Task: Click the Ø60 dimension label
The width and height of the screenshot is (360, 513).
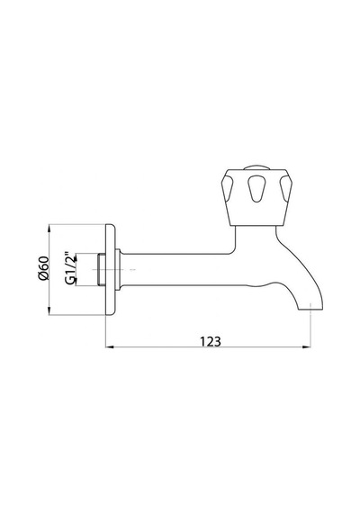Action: tap(43, 268)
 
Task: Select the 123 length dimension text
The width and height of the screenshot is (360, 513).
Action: tap(211, 342)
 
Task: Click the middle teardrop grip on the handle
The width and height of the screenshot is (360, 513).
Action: tap(256, 188)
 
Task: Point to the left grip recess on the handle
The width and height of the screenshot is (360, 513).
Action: tap(228, 188)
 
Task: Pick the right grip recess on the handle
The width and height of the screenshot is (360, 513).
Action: tap(285, 188)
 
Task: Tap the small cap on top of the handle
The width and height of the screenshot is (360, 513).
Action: tap(256, 167)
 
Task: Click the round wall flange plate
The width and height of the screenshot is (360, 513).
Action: tap(110, 270)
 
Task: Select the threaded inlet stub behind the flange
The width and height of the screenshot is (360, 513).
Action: tap(102, 270)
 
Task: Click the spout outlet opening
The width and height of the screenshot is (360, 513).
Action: tap(310, 310)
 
